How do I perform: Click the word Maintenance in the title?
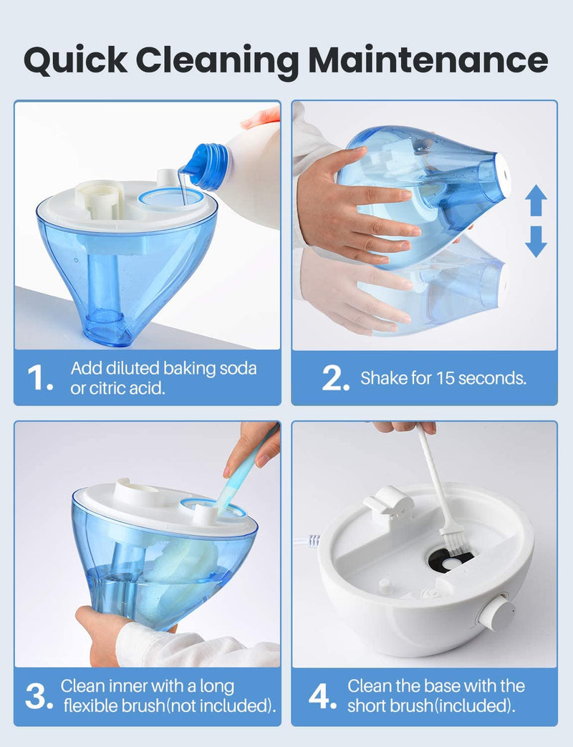[423, 61]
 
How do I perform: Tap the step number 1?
[40, 379]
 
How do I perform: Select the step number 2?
[335, 379]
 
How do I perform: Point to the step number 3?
[40, 697]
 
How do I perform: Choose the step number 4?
[323, 697]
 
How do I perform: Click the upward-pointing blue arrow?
[536, 201]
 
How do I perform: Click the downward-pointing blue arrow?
[536, 242]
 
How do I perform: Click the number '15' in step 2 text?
[445, 378]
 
